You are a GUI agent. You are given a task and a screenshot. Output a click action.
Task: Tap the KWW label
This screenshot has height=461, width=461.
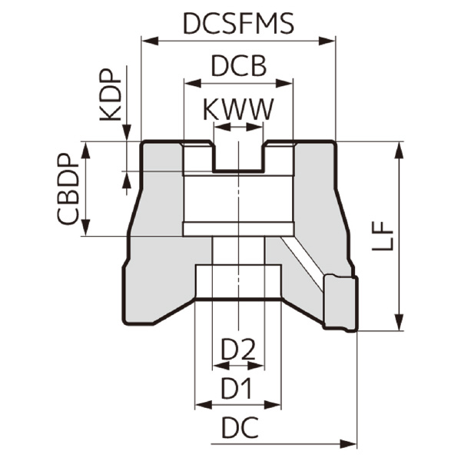[238, 110]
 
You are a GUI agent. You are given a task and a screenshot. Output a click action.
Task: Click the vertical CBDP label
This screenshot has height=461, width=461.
[68, 191]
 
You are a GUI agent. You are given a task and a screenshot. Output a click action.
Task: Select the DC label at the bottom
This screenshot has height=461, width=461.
[239, 429]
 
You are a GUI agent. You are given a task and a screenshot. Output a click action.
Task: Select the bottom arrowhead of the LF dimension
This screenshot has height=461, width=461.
[400, 323]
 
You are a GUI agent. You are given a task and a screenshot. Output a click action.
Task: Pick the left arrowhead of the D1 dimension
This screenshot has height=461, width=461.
[201, 404]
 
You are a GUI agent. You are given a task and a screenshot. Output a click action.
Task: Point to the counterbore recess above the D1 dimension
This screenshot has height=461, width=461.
[238, 282]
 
